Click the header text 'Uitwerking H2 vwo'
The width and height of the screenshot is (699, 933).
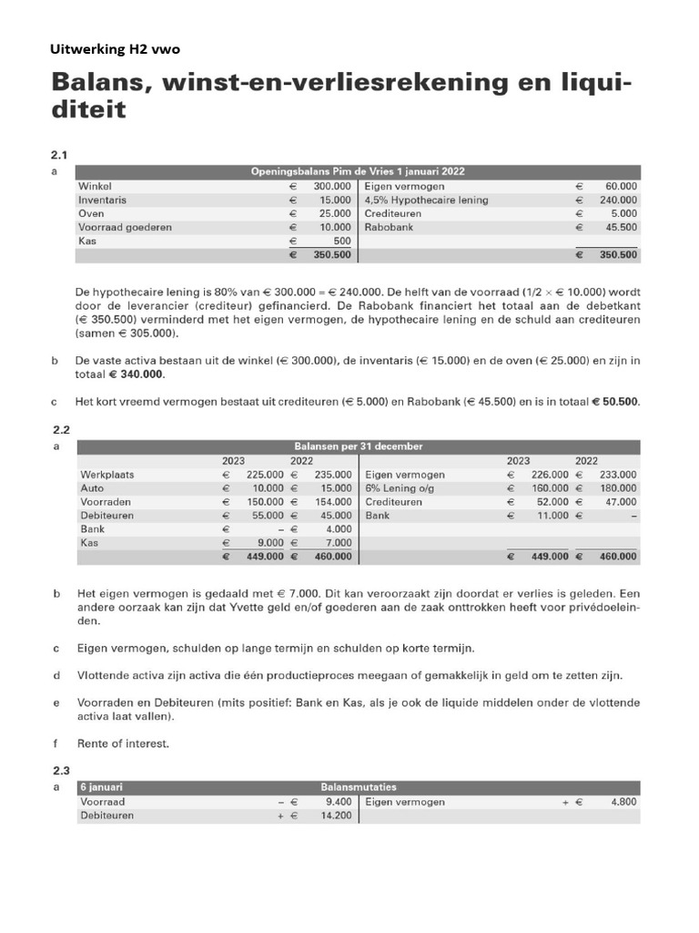pos(121,50)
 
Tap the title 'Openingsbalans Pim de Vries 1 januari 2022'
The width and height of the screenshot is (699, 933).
pos(359,170)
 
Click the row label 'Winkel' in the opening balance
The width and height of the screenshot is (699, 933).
pos(96,186)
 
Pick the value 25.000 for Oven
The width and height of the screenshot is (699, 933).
pos(334,213)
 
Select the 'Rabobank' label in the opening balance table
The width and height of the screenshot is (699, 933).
pos(389,227)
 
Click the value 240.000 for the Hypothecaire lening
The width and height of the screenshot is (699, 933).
pos(618,200)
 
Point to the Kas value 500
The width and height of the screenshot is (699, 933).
pos(341,241)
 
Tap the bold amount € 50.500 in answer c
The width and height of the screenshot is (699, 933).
pos(615,402)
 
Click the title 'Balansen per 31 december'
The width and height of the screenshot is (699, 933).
pos(359,446)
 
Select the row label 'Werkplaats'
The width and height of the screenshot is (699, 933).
pos(107,474)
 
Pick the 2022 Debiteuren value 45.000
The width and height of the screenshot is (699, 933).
pos(334,515)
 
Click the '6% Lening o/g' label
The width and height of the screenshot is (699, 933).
pos(400,487)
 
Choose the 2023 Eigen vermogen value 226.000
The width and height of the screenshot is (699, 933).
pos(549,474)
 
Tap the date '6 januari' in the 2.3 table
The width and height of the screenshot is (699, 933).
pos(102,786)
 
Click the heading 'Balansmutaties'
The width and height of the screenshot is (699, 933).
pos(359,786)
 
